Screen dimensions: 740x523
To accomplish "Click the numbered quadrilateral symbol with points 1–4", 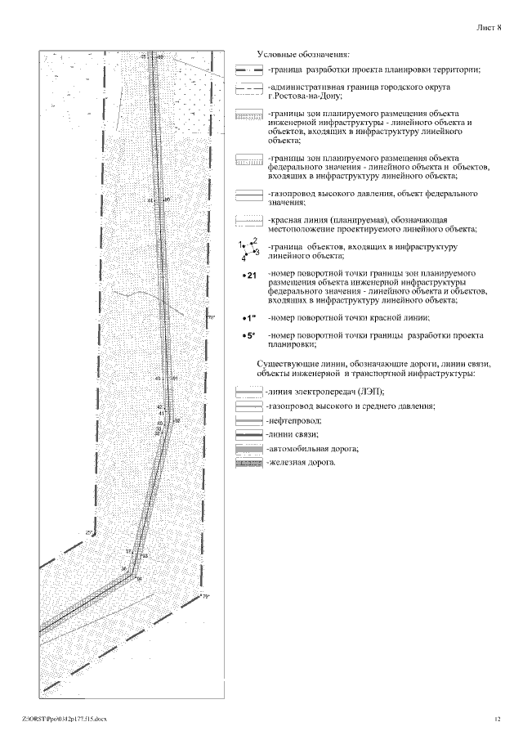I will click(248, 249).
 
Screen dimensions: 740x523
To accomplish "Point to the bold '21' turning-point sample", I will click(250, 276).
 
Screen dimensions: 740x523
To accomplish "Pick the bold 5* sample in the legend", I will click(249, 336).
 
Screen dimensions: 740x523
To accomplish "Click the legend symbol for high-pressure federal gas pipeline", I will click(248, 196).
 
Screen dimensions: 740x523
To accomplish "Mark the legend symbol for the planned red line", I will click(248, 221).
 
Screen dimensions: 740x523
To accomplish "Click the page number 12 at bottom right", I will click(496, 719).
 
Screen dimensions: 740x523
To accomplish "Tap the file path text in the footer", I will click(65, 719).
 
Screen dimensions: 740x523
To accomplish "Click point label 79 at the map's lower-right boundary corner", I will click(206, 598).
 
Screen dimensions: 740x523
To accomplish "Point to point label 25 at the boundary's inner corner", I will click(90, 533).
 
